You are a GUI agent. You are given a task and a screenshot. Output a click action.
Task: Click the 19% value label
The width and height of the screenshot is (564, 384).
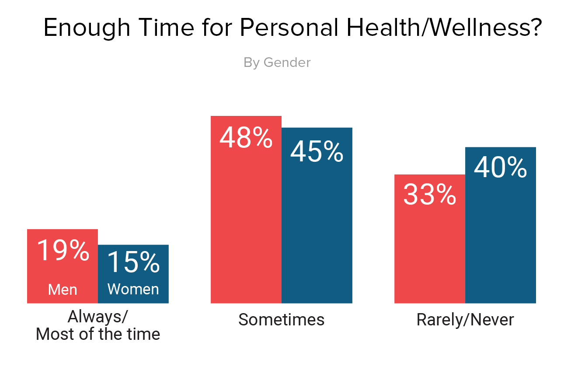point(63,251)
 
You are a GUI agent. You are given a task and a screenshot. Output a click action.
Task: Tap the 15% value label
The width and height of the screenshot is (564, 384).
point(133,262)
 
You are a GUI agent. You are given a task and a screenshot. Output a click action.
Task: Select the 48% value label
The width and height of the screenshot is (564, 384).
point(246,137)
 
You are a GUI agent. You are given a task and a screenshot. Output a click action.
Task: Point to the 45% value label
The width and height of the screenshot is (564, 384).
point(317,152)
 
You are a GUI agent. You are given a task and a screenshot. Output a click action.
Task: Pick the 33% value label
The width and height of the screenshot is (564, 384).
point(430,195)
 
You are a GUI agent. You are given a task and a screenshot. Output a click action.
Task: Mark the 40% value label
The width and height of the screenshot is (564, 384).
point(501,168)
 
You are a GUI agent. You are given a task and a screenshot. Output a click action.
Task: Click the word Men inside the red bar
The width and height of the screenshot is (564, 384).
point(63,290)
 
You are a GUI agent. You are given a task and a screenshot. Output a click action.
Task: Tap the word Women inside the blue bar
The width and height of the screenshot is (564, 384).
point(133,290)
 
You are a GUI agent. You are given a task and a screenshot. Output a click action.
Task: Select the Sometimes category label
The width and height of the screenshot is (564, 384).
point(282,320)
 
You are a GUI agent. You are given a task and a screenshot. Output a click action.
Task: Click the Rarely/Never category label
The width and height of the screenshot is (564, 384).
point(465,320)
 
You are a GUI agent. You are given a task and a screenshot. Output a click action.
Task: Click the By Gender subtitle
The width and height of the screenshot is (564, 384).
point(277,63)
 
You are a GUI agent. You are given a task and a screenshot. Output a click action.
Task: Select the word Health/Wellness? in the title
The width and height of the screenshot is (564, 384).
point(442,28)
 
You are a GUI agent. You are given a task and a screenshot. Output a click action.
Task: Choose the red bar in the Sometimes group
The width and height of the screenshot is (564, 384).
point(246,227)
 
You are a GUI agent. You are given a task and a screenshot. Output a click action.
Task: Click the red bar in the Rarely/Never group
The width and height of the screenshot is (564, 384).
point(430,254)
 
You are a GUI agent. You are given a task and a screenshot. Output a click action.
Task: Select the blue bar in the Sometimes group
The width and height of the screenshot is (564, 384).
point(317,232)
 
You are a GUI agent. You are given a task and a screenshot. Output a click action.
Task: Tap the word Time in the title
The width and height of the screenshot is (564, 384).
point(166,28)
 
